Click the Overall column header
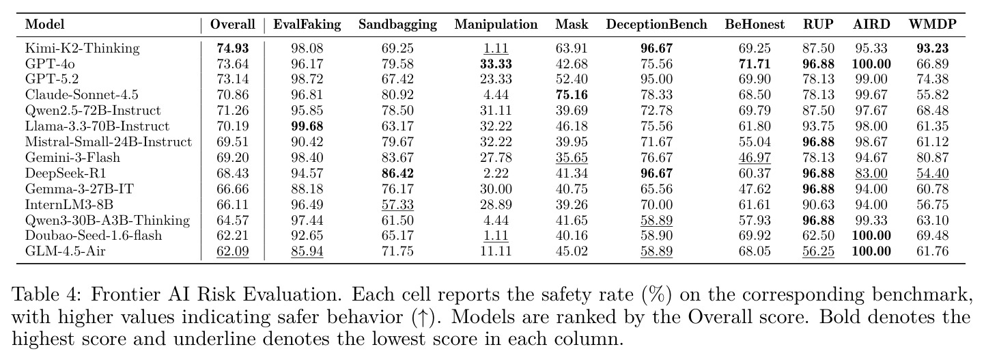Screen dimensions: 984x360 pyautogui.click(x=232, y=24)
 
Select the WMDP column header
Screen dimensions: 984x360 pyautogui.click(x=932, y=24)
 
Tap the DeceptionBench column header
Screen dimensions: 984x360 pyautogui.click(x=656, y=25)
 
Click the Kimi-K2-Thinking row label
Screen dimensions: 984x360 pyautogui.click(x=82, y=49)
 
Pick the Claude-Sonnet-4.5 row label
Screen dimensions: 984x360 pyautogui.click(x=82, y=94)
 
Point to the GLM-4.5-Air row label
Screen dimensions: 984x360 pyautogui.click(x=66, y=251)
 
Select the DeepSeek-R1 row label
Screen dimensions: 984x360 pyautogui.click(x=66, y=174)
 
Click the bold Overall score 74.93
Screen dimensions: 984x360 pyautogui.click(x=232, y=49)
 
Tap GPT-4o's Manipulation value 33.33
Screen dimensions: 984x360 pyautogui.click(x=496, y=64)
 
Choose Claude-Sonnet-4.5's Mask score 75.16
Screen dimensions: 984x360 pyautogui.click(x=571, y=95)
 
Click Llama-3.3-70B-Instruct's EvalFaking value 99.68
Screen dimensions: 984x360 pyautogui.click(x=307, y=126)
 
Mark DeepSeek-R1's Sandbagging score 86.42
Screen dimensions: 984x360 pyautogui.click(x=397, y=174)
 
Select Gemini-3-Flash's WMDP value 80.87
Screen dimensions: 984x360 pyautogui.click(x=932, y=158)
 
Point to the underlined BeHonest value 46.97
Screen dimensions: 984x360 pyautogui.click(x=755, y=158)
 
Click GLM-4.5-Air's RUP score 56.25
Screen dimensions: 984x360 pyautogui.click(x=818, y=251)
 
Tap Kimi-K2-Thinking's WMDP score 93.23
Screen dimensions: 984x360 pyautogui.click(x=932, y=49)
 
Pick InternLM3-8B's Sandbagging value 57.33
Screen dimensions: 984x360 pyautogui.click(x=397, y=205)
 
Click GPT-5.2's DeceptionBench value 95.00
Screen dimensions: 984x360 pyautogui.click(x=656, y=79)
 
